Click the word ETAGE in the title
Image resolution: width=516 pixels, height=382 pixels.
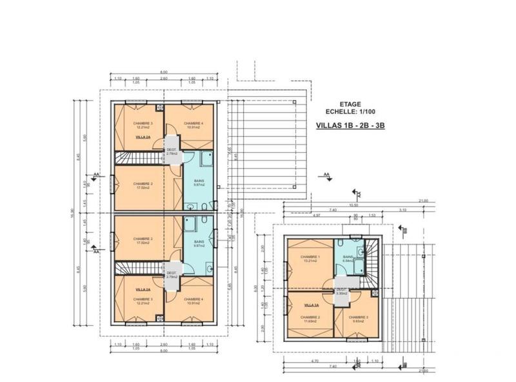click(x=350, y=103)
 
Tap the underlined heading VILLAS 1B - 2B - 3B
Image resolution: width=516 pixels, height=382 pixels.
click(x=350, y=126)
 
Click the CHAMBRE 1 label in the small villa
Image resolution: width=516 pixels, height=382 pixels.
click(x=310, y=256)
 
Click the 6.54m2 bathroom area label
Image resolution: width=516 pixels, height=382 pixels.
click(x=348, y=261)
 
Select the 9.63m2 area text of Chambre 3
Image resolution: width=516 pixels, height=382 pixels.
click(x=359, y=322)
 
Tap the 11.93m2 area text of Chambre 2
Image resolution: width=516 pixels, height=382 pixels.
click(x=310, y=322)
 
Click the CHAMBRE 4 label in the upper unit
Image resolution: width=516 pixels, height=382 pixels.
click(x=193, y=123)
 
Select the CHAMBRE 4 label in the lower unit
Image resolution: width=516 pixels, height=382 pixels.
click(x=193, y=299)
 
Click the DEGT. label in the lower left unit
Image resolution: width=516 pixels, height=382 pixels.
click(x=172, y=273)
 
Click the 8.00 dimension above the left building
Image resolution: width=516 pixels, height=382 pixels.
click(x=164, y=72)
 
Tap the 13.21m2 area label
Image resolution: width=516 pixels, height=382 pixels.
click(x=310, y=261)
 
